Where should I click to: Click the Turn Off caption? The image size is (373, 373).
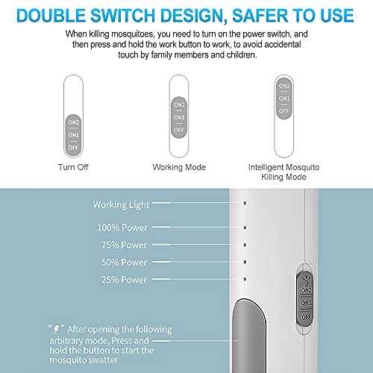click(72, 166)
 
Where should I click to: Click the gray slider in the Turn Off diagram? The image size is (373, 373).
click(72, 134)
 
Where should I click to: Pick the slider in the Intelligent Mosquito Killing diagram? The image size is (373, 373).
click(283, 97)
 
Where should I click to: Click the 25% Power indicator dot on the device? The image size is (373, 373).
click(245, 279)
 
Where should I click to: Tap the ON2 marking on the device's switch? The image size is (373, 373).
click(305, 289)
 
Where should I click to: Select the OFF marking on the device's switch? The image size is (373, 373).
click(305, 319)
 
